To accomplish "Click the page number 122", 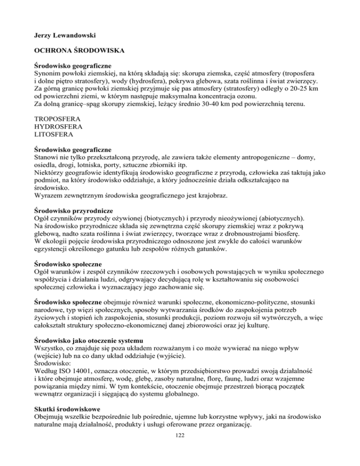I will (180, 450).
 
